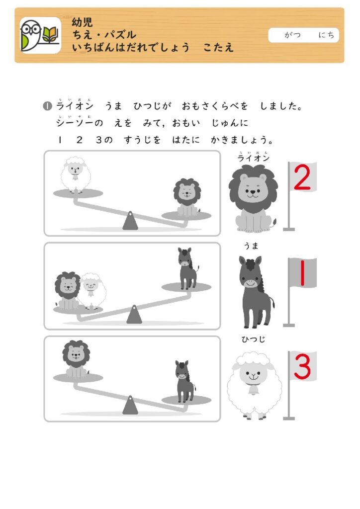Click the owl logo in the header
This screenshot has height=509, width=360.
[40, 35]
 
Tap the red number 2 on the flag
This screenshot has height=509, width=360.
[302, 177]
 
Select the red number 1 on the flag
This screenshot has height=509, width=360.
[302, 272]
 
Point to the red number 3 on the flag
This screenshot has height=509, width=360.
[302, 367]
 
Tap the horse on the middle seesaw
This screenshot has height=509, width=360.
[187, 268]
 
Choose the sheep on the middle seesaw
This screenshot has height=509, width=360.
[92, 291]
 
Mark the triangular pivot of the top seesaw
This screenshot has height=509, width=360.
[130, 221]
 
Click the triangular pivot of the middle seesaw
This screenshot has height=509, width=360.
[134, 314]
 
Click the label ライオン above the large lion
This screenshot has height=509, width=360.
[254, 158]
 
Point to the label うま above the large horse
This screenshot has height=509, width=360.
[251, 246]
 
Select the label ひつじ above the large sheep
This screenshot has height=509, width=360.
[254, 339]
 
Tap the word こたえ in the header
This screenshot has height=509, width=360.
[218, 47]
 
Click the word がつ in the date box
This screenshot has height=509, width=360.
[292, 35]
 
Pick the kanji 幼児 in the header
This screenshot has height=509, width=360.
[83, 22]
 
